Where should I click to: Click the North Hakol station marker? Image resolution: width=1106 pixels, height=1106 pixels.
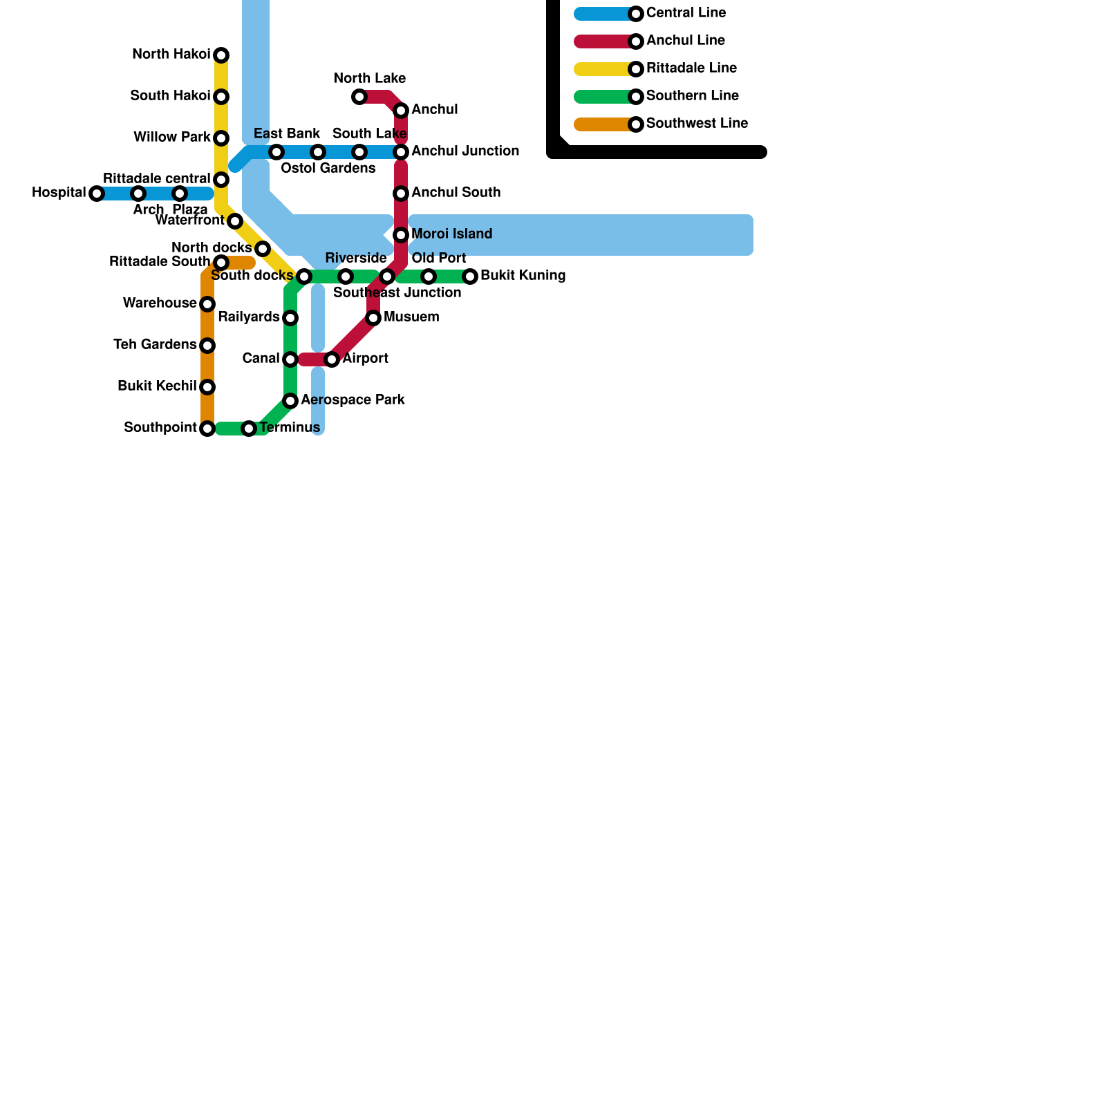pos(221,55)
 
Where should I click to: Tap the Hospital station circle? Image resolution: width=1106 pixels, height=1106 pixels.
pos(97,194)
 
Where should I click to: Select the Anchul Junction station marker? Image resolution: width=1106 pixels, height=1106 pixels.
pos(401,152)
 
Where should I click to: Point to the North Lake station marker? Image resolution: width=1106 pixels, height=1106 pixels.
pos(359,97)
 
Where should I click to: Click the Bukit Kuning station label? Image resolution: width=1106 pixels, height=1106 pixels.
pos(523,276)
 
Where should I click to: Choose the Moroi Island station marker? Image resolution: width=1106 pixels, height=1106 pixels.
pos(401,235)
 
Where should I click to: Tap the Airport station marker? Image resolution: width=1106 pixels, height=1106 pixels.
pos(332,359)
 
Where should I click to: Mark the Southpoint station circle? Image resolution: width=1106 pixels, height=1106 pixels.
pos(207,429)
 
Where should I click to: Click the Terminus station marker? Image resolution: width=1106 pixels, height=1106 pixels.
pos(249,429)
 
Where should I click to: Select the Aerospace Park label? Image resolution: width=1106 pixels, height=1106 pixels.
pos(353,400)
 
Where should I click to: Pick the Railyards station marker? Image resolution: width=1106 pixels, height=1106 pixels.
pos(290,318)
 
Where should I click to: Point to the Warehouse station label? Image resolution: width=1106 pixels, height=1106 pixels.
pos(160,303)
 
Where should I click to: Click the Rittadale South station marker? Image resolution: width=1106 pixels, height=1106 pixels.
pos(221,263)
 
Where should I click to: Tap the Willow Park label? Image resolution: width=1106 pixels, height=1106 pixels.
pos(172,138)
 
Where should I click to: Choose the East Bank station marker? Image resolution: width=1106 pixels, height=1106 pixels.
pos(276,152)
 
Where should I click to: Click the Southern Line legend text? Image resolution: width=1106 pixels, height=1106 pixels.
pos(692,96)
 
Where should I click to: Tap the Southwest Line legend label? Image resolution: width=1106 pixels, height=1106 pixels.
pos(697,124)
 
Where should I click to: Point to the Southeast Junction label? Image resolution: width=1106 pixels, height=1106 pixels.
pos(397,293)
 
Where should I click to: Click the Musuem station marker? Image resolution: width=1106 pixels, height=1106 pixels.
pos(373,318)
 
